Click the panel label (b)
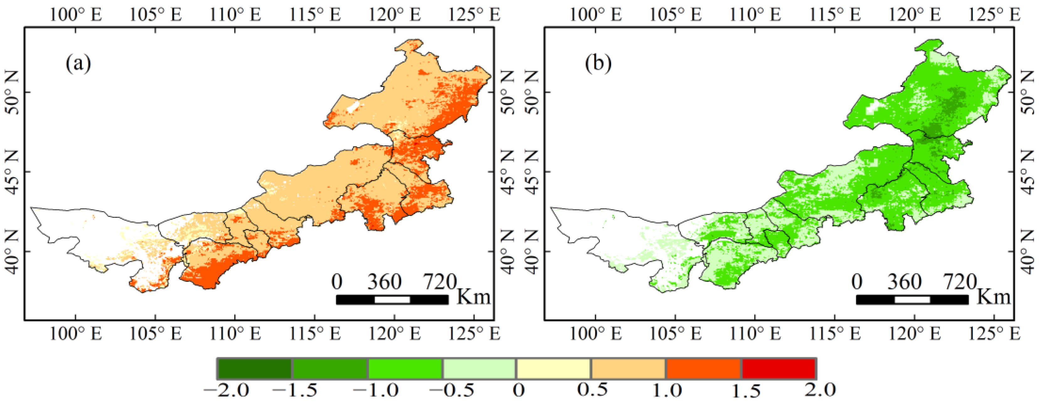coord(598,63)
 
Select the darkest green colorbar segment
coord(254,368)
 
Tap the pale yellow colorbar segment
coord(553,368)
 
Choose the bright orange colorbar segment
coord(704,368)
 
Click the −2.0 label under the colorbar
coord(227,390)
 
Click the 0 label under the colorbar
coord(519,390)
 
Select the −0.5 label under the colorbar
coord(452,390)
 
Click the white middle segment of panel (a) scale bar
coord(392,300)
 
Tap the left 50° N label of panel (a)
coord(12,92)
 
